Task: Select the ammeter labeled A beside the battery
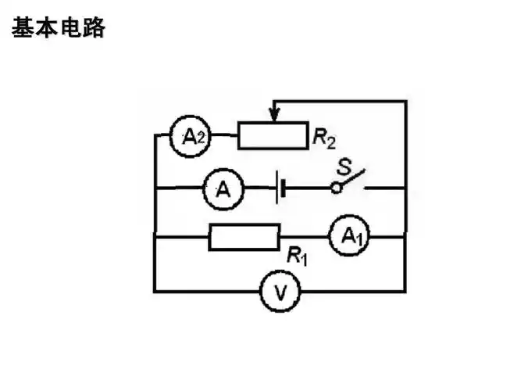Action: pos(224,189)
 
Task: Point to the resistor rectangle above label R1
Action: pos(244,236)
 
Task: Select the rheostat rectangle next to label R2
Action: pos(273,136)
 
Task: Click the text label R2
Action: pos(323,139)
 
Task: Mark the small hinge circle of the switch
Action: pos(336,188)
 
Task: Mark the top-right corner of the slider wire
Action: pos(405,100)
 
